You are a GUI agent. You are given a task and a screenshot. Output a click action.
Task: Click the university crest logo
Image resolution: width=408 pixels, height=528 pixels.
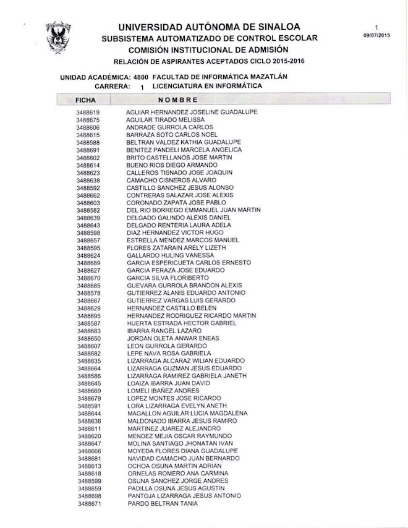[58, 37]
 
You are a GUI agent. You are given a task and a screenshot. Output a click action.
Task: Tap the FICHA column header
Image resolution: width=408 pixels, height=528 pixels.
[85, 100]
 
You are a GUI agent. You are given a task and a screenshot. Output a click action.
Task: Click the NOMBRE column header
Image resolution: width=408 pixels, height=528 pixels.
[177, 100]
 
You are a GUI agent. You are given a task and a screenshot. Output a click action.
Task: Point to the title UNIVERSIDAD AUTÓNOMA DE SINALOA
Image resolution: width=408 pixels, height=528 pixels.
[210, 27]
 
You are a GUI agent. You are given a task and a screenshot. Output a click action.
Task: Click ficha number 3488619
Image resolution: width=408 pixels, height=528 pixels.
[88, 112]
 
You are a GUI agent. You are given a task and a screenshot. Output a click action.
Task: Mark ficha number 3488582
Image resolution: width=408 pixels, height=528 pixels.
[88, 210]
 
